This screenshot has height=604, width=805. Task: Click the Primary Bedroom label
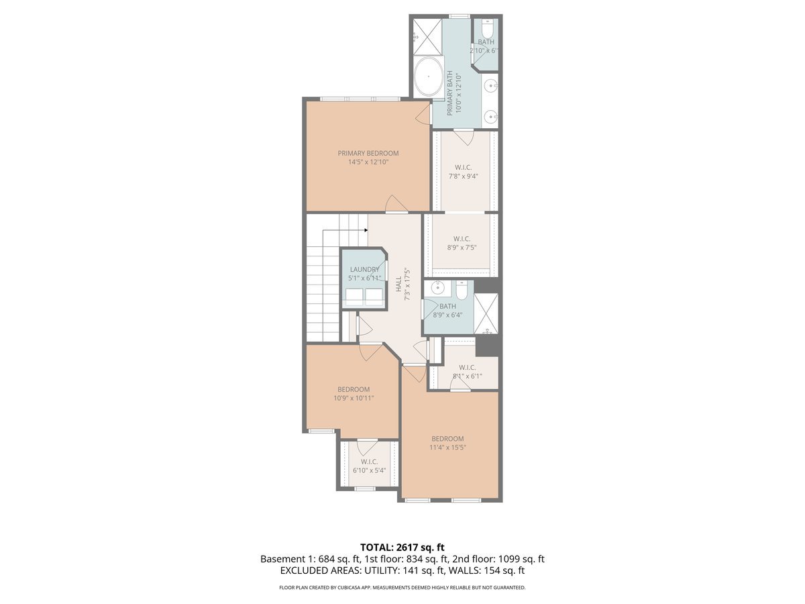[368, 153]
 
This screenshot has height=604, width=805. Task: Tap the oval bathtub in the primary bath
[427, 78]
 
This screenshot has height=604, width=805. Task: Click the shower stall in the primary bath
[426, 36]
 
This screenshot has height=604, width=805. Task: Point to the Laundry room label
[364, 270]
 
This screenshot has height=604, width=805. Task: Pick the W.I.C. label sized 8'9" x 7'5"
[462, 239]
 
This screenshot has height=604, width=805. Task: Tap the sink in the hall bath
[437, 289]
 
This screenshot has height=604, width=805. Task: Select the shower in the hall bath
[486, 313]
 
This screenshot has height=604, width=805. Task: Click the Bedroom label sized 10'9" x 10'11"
[354, 390]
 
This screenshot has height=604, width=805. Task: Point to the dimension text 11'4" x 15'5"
[448, 448]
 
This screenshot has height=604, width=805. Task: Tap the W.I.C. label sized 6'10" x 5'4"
[369, 462]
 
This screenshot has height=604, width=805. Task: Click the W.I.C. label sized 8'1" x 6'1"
[467, 367]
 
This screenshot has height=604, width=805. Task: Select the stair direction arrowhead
[366, 230]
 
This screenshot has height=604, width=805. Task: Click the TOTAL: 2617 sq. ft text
[402, 547]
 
